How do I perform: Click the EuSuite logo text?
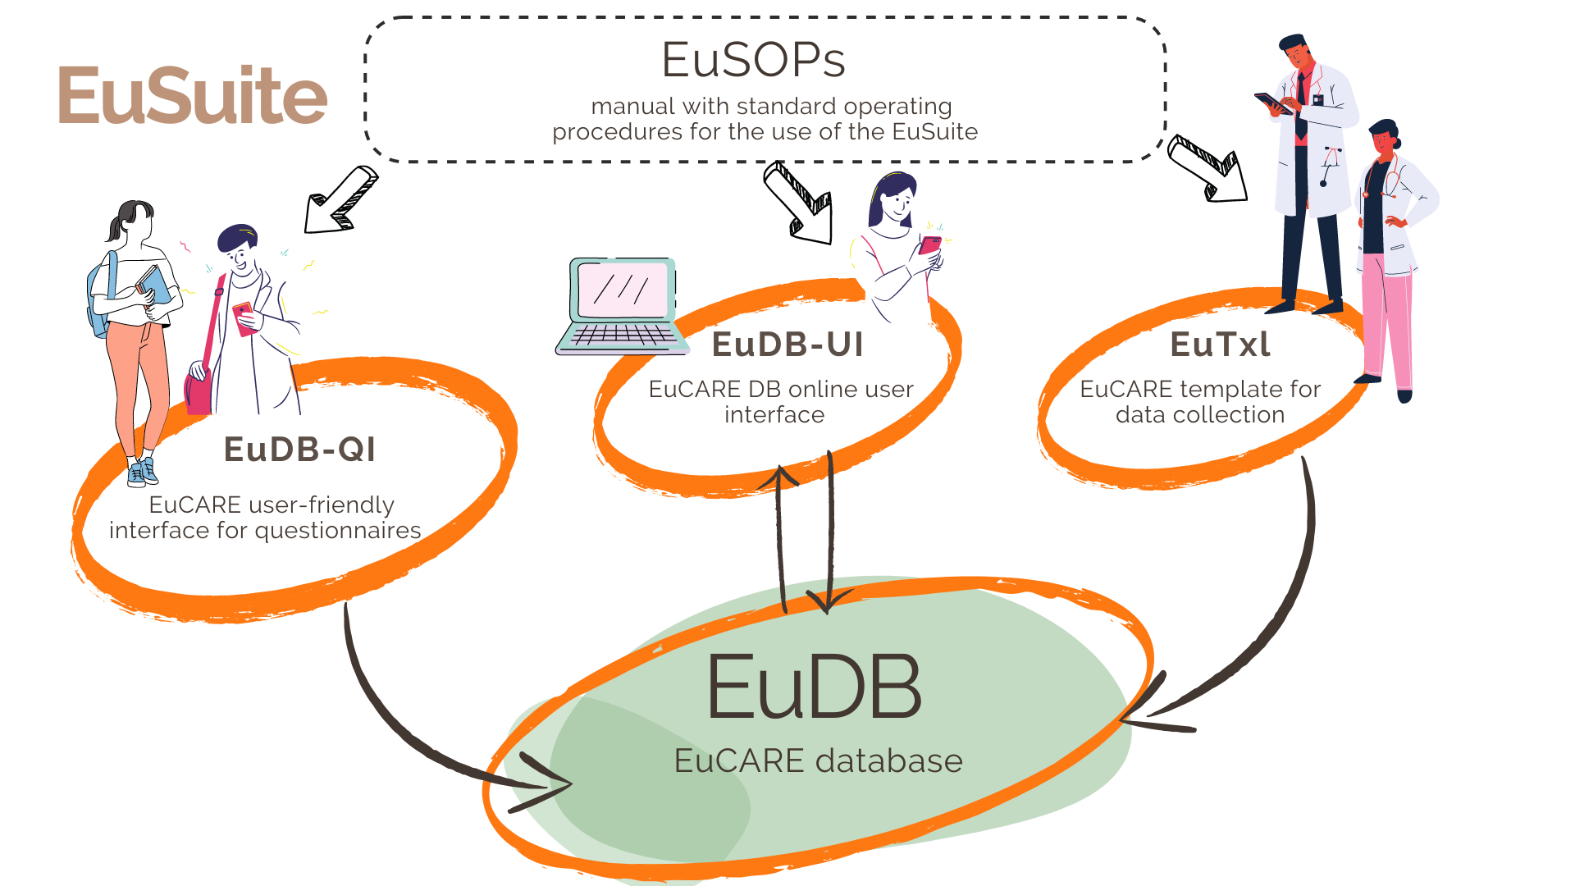pyautogui.click(x=193, y=96)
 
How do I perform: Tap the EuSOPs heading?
pyautogui.click(x=753, y=60)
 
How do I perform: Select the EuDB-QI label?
pyautogui.click(x=300, y=450)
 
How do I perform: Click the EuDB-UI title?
pyautogui.click(x=787, y=345)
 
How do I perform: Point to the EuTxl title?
pyautogui.click(x=1220, y=345)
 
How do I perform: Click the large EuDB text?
pyautogui.click(x=814, y=687)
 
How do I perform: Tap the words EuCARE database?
pyautogui.click(x=818, y=761)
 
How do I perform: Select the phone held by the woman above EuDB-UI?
pyautogui.click(x=930, y=245)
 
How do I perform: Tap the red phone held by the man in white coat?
pyautogui.click(x=244, y=317)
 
